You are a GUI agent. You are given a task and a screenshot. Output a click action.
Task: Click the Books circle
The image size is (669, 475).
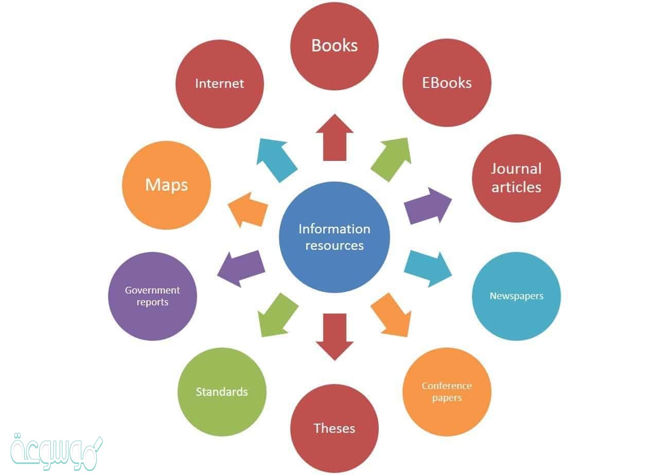tap(334, 46)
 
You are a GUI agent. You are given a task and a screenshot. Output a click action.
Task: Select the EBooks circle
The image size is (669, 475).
tap(447, 83)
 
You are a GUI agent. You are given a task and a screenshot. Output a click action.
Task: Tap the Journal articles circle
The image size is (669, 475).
tap(516, 178)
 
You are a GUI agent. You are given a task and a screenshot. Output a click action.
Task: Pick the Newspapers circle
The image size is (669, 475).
tap(516, 296)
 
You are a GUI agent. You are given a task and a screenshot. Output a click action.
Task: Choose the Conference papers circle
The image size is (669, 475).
tap(447, 392)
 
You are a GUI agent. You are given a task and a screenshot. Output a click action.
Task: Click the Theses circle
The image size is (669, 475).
tap(334, 428)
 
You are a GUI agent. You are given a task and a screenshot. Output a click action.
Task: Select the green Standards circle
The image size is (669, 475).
tap(222, 392)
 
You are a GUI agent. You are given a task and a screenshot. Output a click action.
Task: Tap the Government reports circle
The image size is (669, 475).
tap(152, 296)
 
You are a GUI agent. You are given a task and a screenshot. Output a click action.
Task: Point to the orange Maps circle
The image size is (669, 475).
tap(166, 185)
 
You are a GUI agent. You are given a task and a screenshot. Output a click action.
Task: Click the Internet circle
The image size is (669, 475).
tap(220, 83)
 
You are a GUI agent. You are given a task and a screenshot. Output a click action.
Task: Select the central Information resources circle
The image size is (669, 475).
tap(334, 237)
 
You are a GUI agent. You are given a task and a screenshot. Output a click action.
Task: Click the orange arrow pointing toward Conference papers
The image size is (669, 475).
tap(392, 315)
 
